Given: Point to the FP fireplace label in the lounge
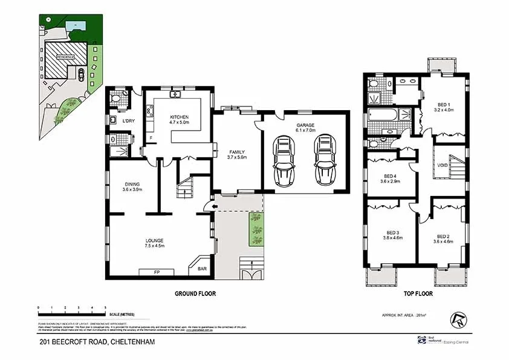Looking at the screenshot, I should point(157,272).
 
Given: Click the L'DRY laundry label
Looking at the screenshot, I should point(128,121).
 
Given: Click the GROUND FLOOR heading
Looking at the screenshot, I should point(195,293).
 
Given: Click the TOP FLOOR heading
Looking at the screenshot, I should point(418,293).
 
